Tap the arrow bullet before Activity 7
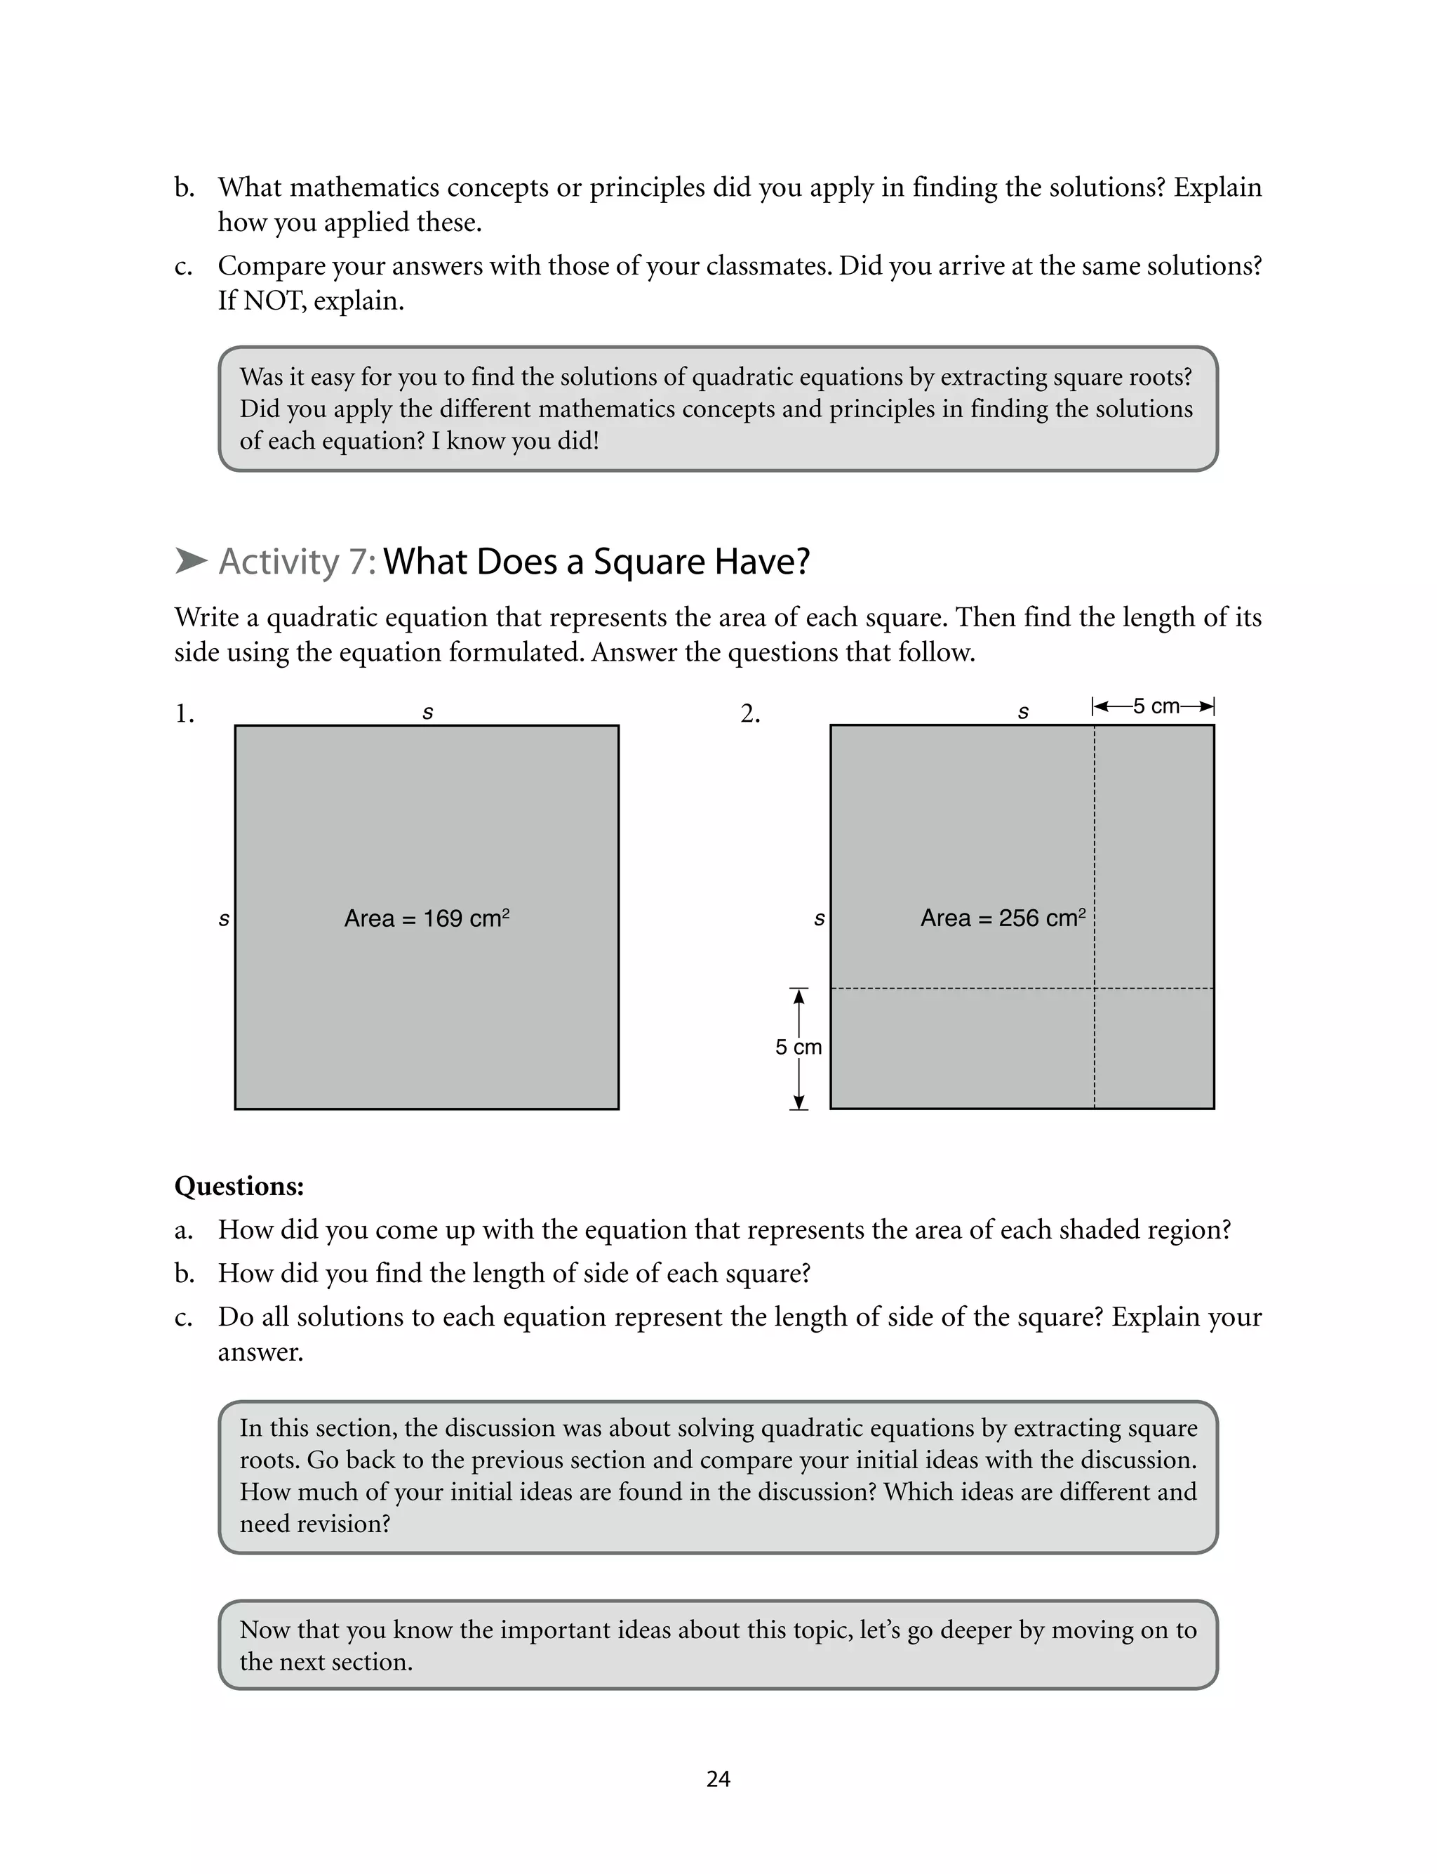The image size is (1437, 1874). click(191, 561)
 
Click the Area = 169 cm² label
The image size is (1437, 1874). click(427, 918)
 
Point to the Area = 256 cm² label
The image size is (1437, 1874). click(1003, 918)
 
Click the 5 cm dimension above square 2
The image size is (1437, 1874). click(1156, 707)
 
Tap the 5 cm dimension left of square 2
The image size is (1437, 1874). click(798, 1046)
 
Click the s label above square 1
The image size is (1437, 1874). click(428, 712)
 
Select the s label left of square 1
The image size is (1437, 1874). click(224, 919)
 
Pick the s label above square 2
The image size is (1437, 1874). click(1023, 712)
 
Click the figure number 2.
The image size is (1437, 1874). click(750, 713)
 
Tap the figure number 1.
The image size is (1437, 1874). click(184, 713)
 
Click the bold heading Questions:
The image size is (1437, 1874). click(239, 1186)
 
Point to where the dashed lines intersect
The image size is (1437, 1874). click(1094, 989)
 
